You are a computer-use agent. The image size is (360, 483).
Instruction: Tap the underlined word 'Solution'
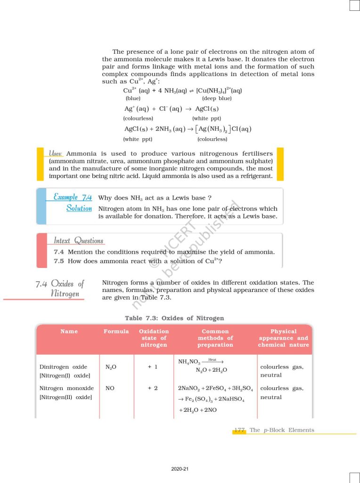click(x=79, y=208)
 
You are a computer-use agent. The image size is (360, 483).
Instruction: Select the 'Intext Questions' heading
click(x=78, y=241)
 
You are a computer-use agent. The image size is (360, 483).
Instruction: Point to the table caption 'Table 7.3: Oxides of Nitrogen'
click(x=174, y=318)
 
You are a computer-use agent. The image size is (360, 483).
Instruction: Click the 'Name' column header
click(x=69, y=332)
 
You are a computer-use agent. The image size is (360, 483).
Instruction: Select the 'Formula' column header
click(x=116, y=332)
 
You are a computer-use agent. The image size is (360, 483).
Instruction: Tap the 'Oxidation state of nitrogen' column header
click(x=154, y=338)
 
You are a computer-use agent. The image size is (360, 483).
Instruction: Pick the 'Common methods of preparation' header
click(x=215, y=338)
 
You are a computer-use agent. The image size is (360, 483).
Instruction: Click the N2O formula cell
click(x=112, y=367)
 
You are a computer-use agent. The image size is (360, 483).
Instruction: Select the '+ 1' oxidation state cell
click(x=153, y=366)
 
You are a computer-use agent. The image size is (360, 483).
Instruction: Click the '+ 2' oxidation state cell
click(x=153, y=389)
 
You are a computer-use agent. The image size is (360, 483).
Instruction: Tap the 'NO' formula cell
click(x=110, y=389)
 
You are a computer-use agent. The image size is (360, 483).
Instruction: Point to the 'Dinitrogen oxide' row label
click(x=63, y=366)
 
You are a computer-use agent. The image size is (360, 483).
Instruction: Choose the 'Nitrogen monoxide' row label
click(x=66, y=389)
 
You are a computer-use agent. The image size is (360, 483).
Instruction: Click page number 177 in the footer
click(x=239, y=430)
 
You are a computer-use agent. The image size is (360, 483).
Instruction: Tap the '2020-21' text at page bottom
click(x=180, y=469)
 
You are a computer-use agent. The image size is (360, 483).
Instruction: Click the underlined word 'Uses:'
click(x=56, y=154)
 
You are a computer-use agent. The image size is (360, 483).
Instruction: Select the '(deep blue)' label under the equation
click(x=217, y=99)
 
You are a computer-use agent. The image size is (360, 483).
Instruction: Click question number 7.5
click(x=59, y=261)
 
